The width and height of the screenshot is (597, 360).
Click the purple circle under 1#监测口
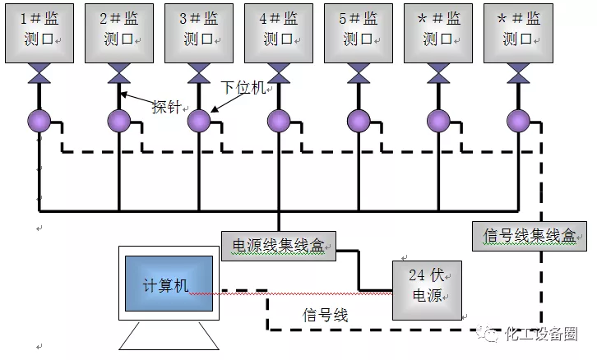click(39, 122)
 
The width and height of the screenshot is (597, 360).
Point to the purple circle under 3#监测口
click(198, 122)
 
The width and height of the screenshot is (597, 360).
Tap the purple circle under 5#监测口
click(358, 122)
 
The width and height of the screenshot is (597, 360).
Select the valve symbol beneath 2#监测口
click(118, 76)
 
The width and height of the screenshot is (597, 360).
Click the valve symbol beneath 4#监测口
click(278, 76)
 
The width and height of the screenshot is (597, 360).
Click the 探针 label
click(166, 107)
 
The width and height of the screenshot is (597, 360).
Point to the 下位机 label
click(244, 88)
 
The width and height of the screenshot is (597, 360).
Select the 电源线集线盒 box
click(278, 246)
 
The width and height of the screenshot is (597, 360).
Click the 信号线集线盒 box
click(528, 235)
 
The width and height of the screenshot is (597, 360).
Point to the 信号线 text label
click(326, 314)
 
